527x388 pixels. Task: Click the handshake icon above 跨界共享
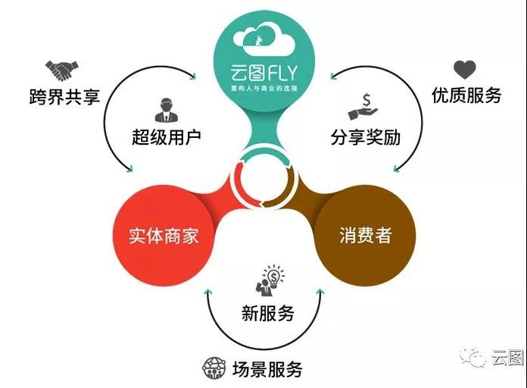[62, 70]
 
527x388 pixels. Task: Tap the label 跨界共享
[64, 97]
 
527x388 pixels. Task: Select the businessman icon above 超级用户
[166, 110]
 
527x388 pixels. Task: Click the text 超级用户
[167, 137]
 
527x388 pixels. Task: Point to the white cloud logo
[263, 39]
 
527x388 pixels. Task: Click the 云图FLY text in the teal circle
[263, 73]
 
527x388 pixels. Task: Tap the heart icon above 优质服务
[465, 70]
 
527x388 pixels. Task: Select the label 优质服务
[466, 95]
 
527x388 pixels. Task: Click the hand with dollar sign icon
[363, 108]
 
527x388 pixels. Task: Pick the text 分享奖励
[366, 137]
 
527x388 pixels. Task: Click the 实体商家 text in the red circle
[164, 236]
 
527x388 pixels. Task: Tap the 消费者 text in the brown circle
[366, 235]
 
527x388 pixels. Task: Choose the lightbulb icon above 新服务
[270, 280]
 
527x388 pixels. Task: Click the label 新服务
[267, 313]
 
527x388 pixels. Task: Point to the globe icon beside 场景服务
[214, 368]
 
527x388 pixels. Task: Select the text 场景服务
[267, 369]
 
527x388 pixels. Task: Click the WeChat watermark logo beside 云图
[473, 358]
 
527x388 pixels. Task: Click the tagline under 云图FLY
[263, 89]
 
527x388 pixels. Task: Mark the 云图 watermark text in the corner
[507, 358]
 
